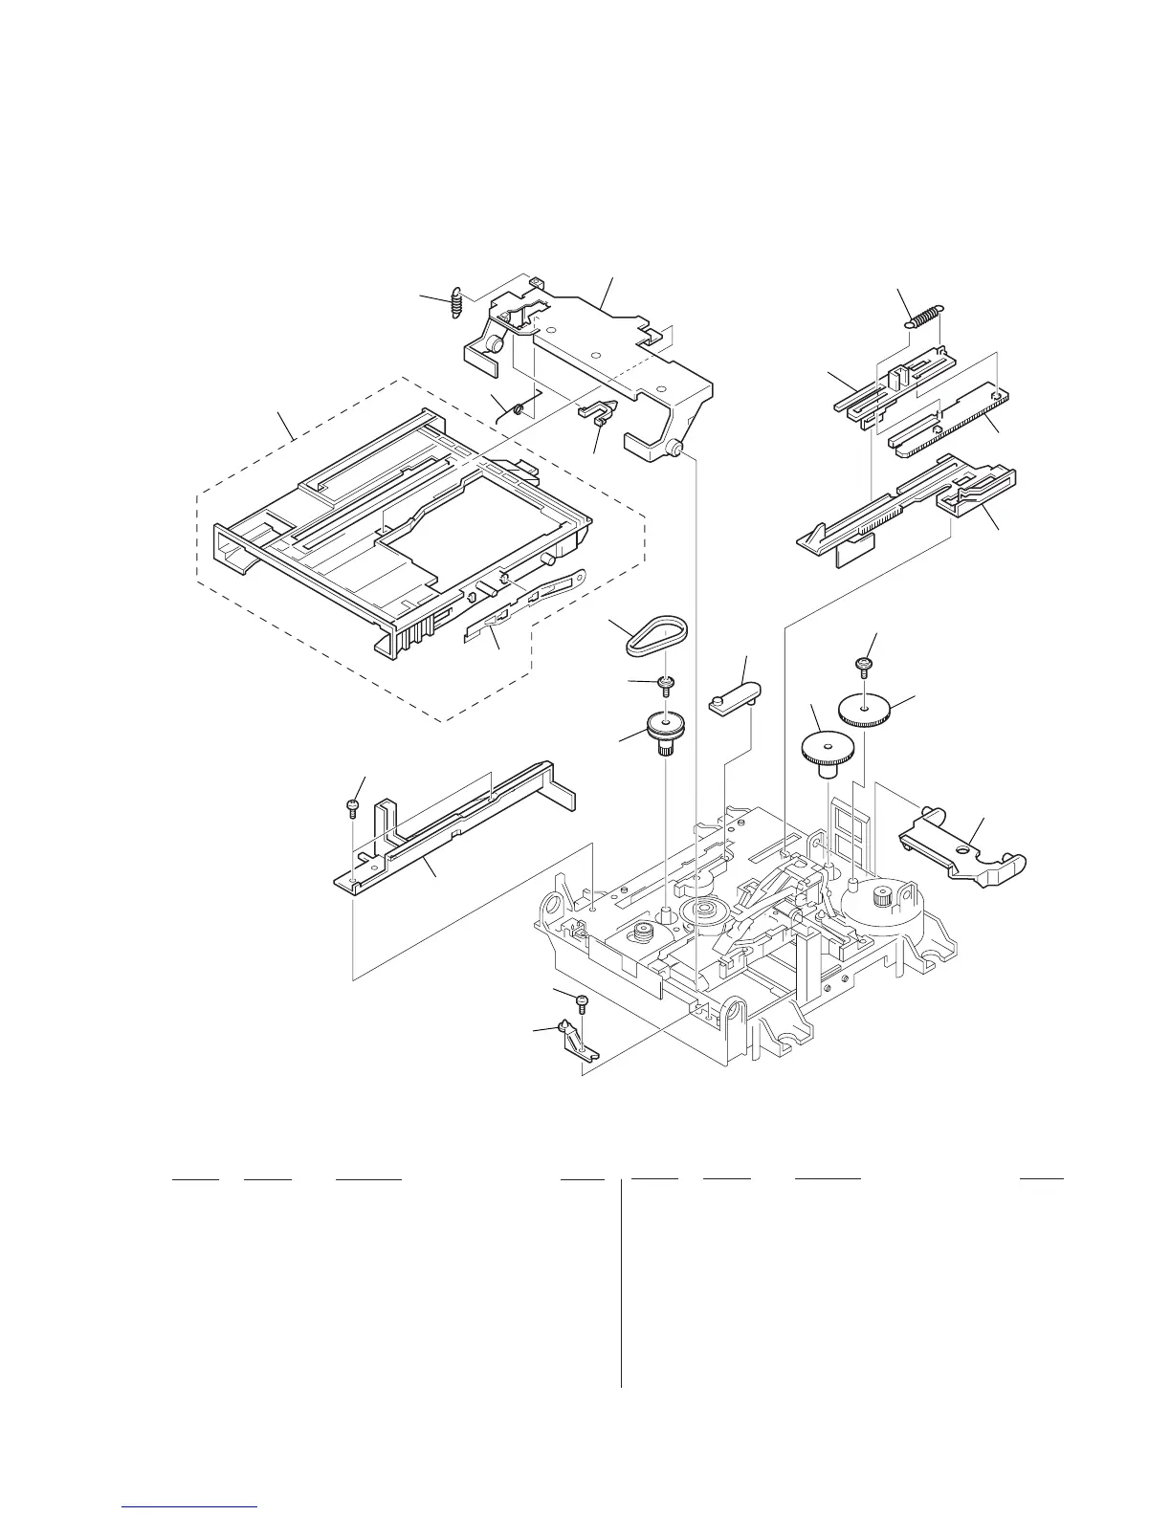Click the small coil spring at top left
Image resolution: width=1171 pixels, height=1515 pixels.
pos(457,301)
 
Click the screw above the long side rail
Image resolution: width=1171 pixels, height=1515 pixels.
pos(353,809)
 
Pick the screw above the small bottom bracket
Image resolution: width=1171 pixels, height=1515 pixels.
pos(582,1002)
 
